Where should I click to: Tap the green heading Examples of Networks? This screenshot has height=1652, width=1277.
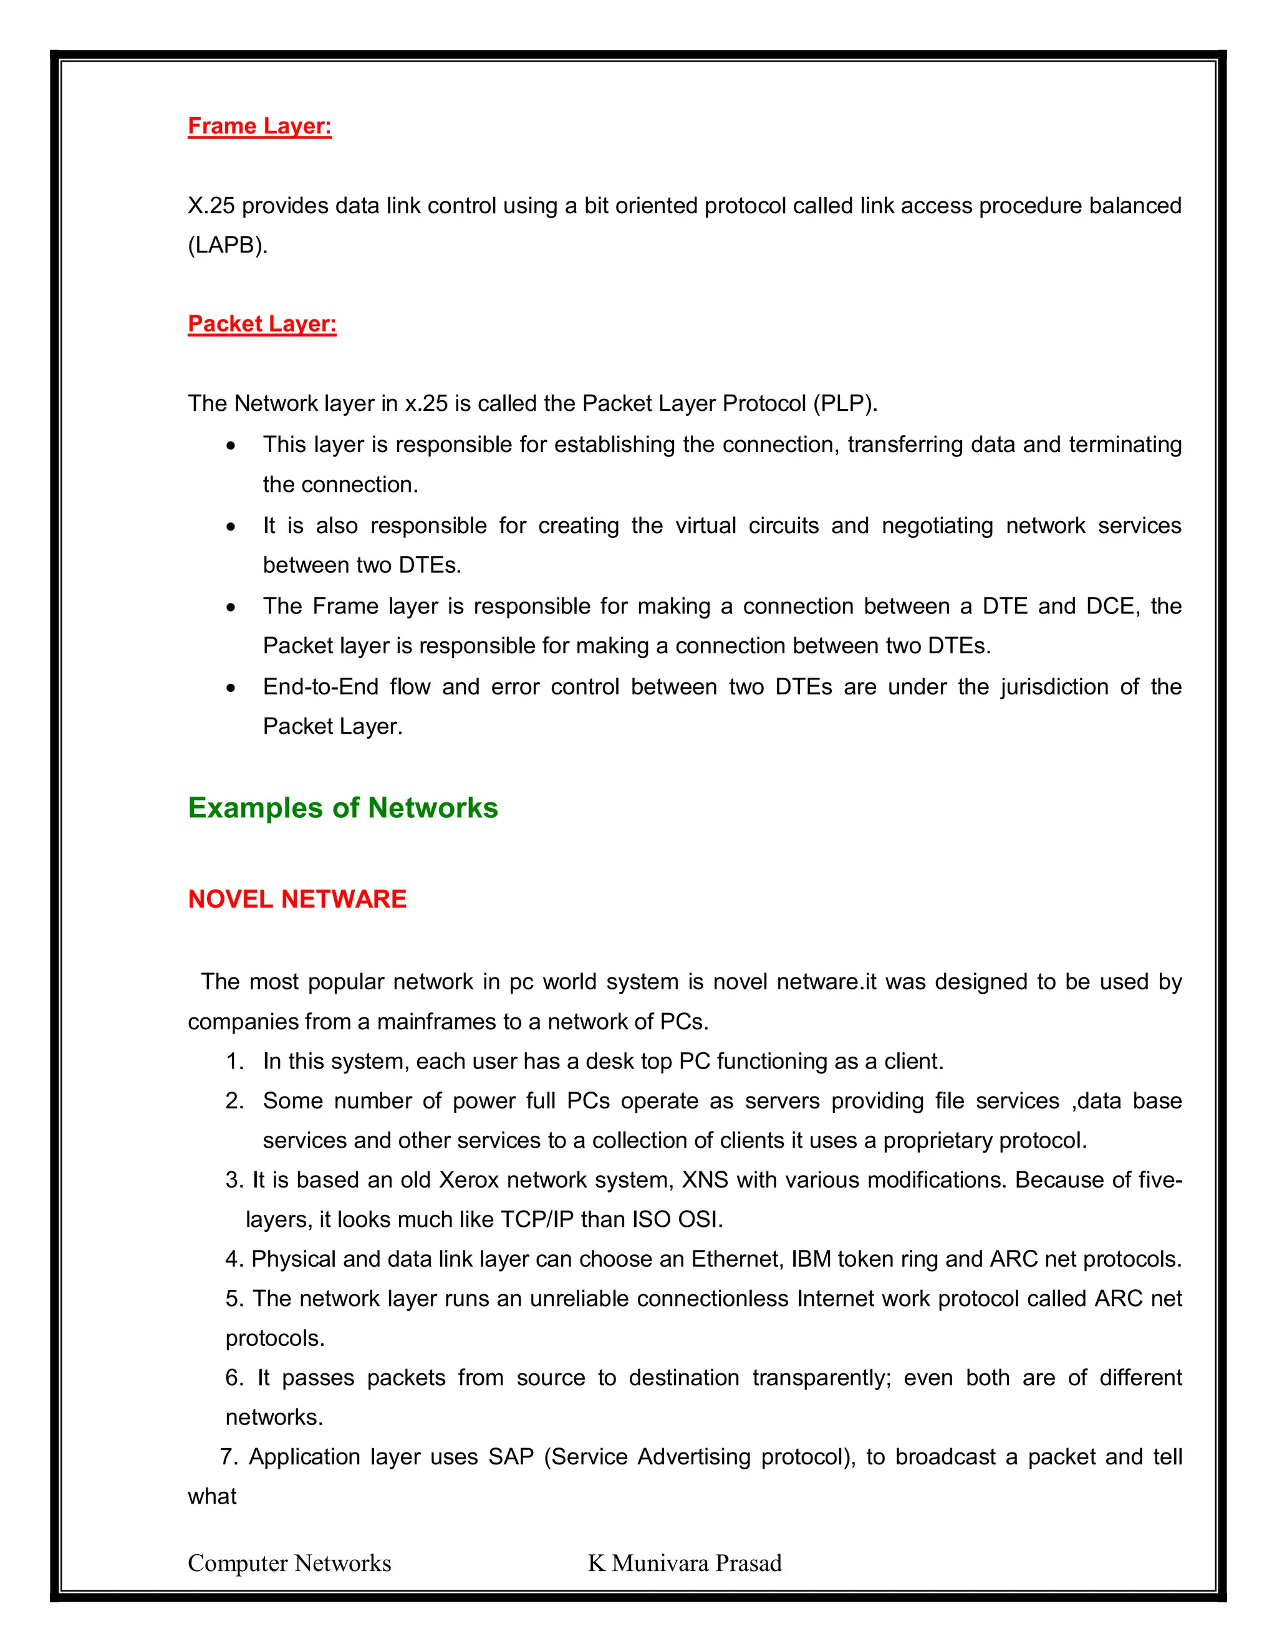tap(343, 808)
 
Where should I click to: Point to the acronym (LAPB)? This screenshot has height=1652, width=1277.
tap(228, 245)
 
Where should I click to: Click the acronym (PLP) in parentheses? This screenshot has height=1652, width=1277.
tap(844, 403)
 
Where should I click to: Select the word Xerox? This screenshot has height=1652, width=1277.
tap(469, 1180)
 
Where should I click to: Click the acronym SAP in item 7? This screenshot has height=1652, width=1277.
tap(511, 1457)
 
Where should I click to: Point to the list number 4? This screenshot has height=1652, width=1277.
tap(234, 1259)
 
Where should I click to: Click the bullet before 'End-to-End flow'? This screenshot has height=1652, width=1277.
tap(231, 688)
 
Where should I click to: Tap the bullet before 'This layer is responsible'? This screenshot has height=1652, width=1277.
tap(231, 446)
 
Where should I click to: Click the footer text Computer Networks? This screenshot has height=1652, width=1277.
tap(289, 1563)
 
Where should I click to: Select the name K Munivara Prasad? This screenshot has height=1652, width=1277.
tap(685, 1563)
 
